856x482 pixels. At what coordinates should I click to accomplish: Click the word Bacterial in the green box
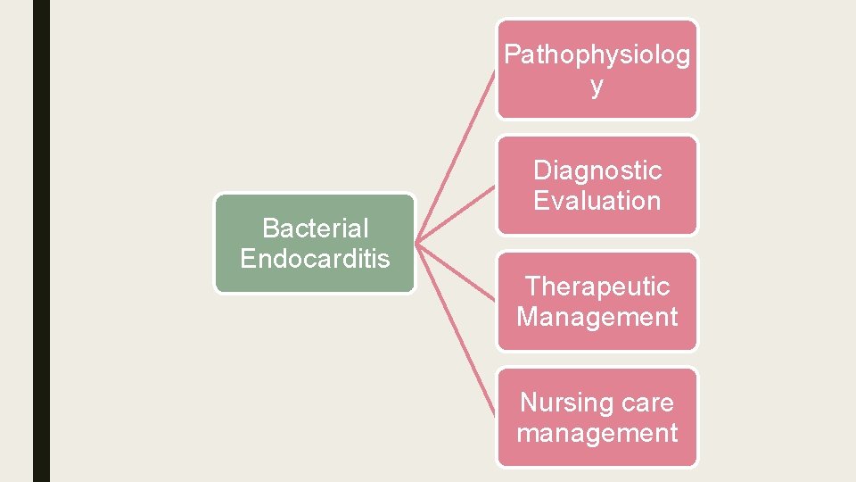(315, 229)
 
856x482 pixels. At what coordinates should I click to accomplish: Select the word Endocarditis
(315, 259)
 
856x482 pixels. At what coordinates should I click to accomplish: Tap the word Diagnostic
(597, 170)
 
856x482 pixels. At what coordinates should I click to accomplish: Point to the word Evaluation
(597, 201)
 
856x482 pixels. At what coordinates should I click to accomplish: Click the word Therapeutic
(597, 287)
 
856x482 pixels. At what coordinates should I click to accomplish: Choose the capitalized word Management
(597, 317)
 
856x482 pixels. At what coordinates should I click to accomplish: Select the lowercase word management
(597, 433)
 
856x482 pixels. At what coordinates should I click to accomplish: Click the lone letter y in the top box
(597, 87)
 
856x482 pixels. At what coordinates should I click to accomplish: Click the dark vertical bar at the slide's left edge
(41, 241)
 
